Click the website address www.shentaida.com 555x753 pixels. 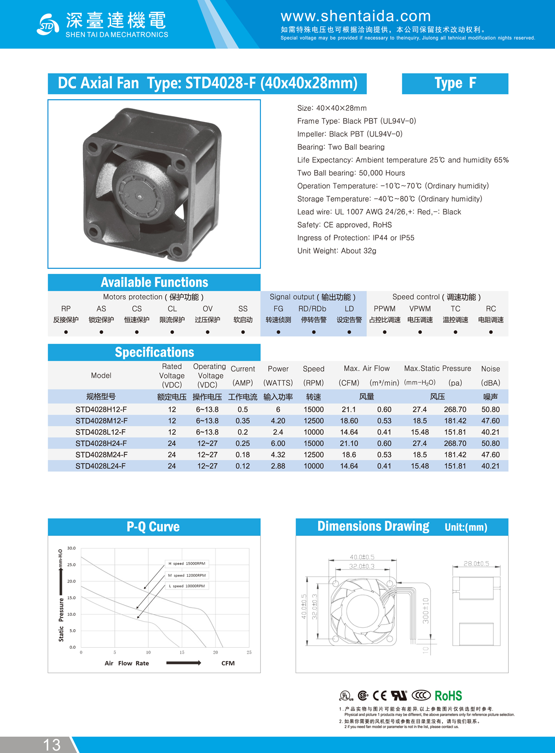(356, 16)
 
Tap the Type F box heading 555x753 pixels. (455, 84)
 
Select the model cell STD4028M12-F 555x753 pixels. (101, 421)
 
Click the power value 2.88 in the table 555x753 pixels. (278, 466)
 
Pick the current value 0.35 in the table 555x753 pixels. (242, 421)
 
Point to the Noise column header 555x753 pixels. (490, 369)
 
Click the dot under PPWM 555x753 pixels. (384, 332)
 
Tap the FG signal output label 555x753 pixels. (278, 309)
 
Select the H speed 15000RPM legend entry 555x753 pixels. (187, 564)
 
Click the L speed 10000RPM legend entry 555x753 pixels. (187, 586)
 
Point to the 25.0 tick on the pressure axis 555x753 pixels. (71, 565)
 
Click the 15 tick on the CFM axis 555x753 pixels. (182, 652)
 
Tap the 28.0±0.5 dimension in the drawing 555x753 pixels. (476, 564)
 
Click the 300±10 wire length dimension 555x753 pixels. (425, 611)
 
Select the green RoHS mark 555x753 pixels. (448, 696)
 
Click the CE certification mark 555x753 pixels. (380, 696)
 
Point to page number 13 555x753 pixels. (52, 744)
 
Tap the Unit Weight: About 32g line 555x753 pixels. (337, 251)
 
